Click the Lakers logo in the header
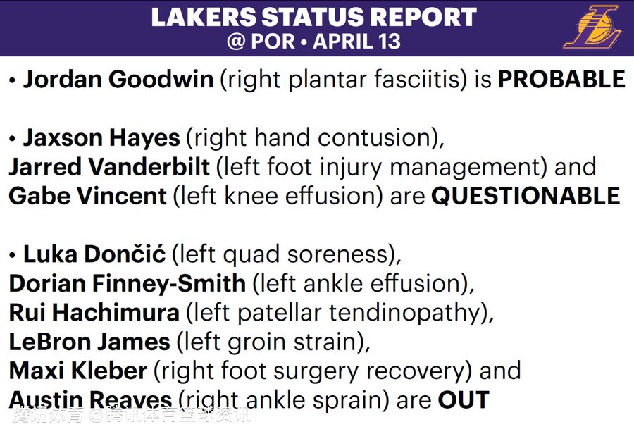coord(592,27)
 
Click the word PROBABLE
coord(561,79)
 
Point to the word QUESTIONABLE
coord(526,196)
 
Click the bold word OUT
coord(464,399)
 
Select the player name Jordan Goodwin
coord(118,79)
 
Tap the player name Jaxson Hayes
coord(101,138)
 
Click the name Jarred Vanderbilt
coord(109,167)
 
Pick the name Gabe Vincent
coord(87,196)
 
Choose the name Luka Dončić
coord(94,254)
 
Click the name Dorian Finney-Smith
coord(128,283)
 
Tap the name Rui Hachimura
coord(94,312)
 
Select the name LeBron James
coord(89,342)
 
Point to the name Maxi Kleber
coord(77,371)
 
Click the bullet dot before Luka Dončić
coord(12,255)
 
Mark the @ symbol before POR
coord(236,42)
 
